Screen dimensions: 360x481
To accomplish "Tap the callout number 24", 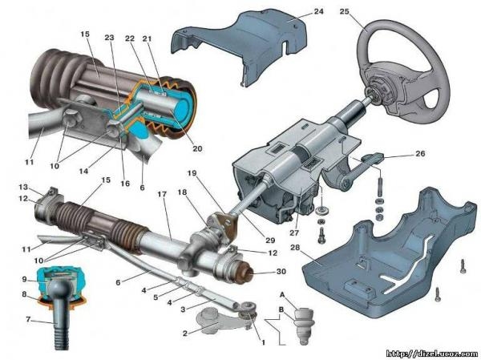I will click(296, 13).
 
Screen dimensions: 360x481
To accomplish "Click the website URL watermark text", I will click(431, 352).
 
